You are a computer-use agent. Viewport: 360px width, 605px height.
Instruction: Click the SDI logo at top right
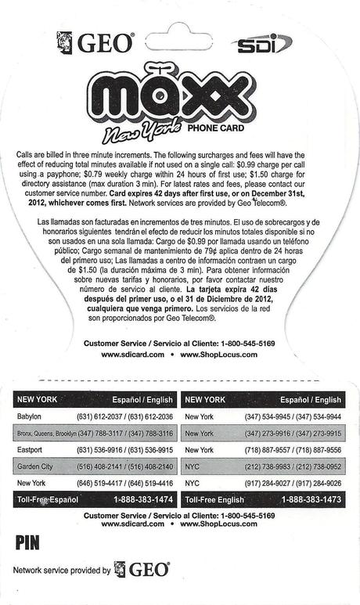(263, 43)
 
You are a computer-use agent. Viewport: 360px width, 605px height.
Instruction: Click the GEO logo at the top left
(95, 42)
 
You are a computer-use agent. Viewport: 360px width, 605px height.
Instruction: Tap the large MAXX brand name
(179, 98)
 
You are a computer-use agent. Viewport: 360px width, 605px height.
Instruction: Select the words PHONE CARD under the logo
(215, 128)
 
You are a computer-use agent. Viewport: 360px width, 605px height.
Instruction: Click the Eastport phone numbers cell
(124, 450)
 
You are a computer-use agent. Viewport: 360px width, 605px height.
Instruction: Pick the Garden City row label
(36, 466)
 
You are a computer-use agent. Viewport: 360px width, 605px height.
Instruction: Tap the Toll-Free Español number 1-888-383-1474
(143, 499)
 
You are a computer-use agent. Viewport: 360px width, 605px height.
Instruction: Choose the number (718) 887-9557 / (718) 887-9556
(292, 450)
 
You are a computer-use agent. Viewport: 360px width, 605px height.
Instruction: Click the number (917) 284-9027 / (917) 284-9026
(292, 483)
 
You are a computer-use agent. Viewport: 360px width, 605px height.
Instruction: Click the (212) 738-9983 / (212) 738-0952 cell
(292, 466)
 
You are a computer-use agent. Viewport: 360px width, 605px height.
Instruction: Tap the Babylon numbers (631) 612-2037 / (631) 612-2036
(124, 416)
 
